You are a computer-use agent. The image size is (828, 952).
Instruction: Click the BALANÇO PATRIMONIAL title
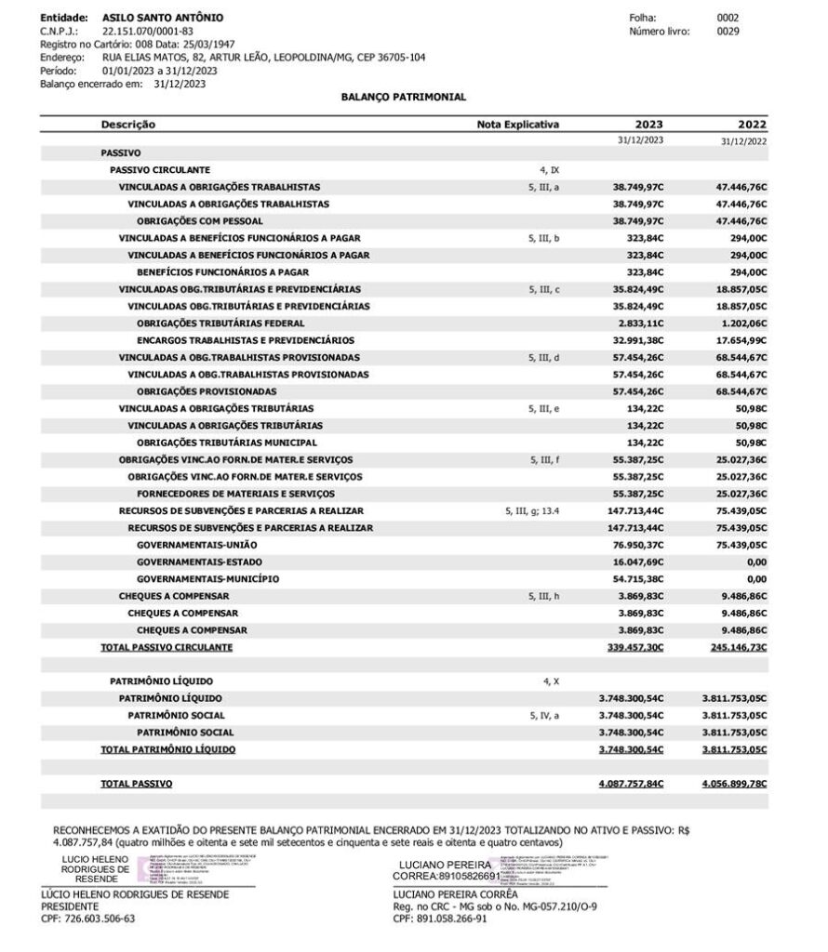coord(404,97)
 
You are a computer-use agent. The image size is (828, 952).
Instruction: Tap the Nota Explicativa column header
coord(518,125)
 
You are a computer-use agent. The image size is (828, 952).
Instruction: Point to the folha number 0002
coord(728,18)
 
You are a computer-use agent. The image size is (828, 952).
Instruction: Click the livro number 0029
coord(728,31)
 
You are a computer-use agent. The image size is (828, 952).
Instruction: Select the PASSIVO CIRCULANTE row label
coord(160,170)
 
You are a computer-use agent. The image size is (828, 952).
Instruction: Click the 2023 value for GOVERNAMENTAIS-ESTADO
coord(638,562)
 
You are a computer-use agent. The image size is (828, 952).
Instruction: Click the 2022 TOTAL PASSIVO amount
coord(734,784)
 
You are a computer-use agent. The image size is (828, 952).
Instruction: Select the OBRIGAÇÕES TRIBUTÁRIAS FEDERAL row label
coord(220,323)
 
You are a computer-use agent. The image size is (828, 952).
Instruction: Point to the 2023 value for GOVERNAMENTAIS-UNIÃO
coord(638,545)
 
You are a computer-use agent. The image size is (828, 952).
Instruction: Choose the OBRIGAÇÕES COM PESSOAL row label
coord(200,221)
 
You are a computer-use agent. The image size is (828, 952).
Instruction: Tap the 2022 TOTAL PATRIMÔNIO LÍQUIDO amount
coord(734,748)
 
